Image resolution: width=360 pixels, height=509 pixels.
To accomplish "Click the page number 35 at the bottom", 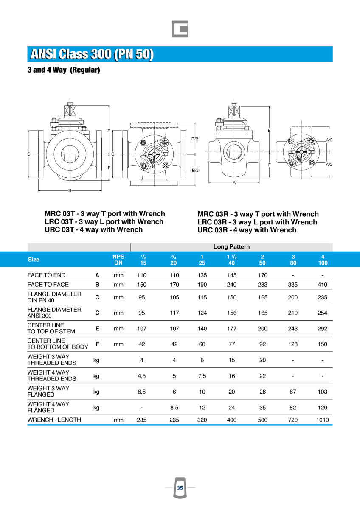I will coord(180,488).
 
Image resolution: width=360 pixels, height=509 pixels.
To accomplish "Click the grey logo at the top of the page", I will coord(180,29).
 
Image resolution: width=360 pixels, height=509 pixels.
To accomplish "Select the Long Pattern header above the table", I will coord(231,246).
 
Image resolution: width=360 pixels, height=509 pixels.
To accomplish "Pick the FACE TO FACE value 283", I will coord(262,285).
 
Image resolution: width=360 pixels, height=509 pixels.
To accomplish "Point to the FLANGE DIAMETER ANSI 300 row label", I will coord(54,313).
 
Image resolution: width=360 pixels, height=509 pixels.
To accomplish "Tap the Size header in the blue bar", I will coord(34,260).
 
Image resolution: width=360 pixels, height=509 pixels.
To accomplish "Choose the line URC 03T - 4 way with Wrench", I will coord(93,229).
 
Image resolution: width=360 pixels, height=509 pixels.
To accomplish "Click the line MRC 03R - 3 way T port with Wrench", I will coord(258,214).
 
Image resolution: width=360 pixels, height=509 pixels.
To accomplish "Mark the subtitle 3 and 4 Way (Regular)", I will coord(64,70).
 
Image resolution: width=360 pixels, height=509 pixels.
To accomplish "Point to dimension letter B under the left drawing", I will coord(70,190).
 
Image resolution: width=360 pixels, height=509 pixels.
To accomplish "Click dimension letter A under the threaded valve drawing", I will coord(234,182).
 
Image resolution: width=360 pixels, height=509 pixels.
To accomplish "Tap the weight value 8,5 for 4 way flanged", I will coord(174,408).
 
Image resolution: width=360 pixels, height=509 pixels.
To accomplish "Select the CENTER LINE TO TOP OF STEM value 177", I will coord(231,328).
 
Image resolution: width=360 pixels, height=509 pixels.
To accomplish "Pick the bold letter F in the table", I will coord(97,344).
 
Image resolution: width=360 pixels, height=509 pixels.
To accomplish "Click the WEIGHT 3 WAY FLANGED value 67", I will coord(292,392).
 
